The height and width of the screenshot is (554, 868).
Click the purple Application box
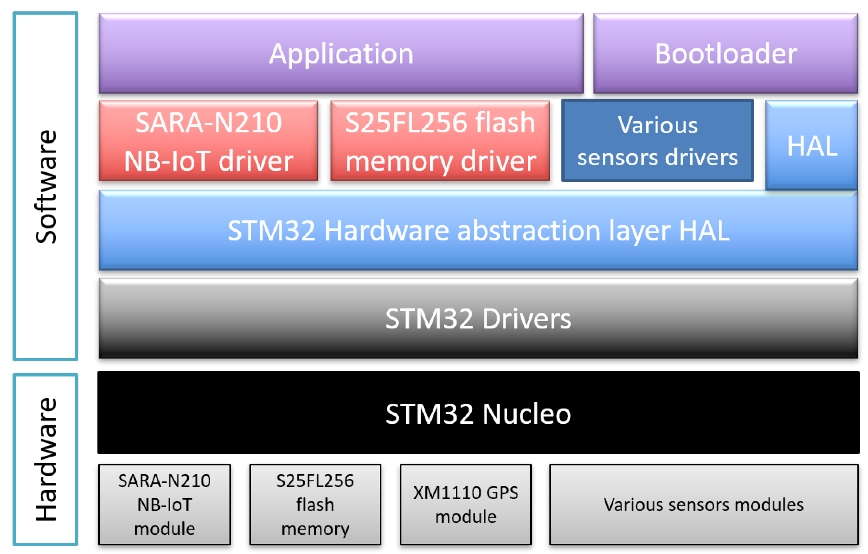pos(341,53)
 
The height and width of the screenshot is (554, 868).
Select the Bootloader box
pos(725,53)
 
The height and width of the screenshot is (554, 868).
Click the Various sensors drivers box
pos(657,141)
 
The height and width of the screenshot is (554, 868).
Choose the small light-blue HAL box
pos(812,146)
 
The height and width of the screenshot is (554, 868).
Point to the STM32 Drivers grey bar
pos(478,319)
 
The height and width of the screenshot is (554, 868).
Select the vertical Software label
pos(46,187)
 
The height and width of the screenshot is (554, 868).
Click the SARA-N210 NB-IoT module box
pos(164,504)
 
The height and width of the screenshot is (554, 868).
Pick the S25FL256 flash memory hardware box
pos(315,504)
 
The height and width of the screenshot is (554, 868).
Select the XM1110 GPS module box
pos(465,504)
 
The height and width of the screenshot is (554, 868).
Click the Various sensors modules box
pos(703,504)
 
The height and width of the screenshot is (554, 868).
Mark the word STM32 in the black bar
pos(429,414)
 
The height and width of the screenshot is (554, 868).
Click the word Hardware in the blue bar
pos(386,231)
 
